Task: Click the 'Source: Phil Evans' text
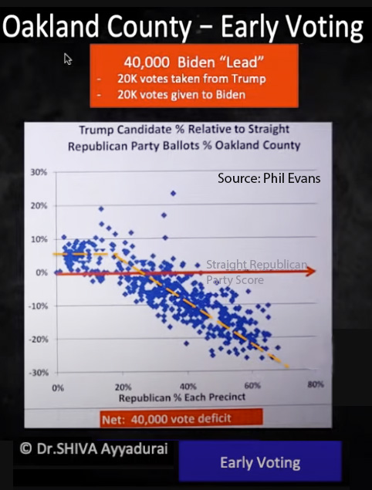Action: (x=269, y=179)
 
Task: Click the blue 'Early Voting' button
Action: (x=260, y=463)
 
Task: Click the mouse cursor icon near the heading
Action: (x=69, y=59)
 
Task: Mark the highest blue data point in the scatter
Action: (x=174, y=194)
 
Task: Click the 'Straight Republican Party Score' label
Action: (x=255, y=272)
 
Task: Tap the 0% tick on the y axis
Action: (x=41, y=272)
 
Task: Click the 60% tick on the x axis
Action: (x=252, y=385)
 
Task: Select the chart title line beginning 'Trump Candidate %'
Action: (x=190, y=130)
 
